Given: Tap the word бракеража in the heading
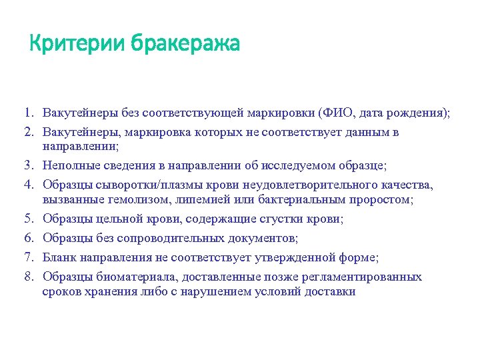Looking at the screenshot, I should (x=185, y=45).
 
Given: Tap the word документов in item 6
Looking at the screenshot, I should (x=257, y=238).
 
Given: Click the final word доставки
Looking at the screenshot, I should (x=332, y=292).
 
